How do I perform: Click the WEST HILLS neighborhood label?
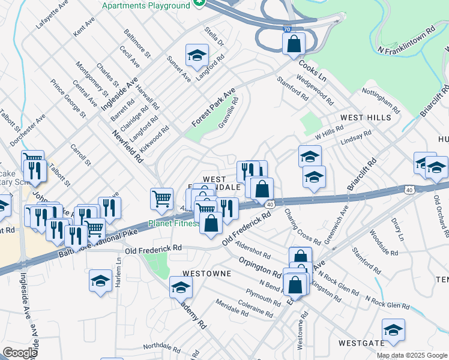click(x=366, y=118)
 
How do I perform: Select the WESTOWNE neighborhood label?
click(x=207, y=273)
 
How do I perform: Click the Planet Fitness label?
click(x=174, y=224)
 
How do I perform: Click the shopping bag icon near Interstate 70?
click(x=294, y=43)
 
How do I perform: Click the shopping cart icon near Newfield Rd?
click(x=161, y=199)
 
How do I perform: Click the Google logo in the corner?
click(x=20, y=353)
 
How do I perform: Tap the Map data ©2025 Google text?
click(x=412, y=355)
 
